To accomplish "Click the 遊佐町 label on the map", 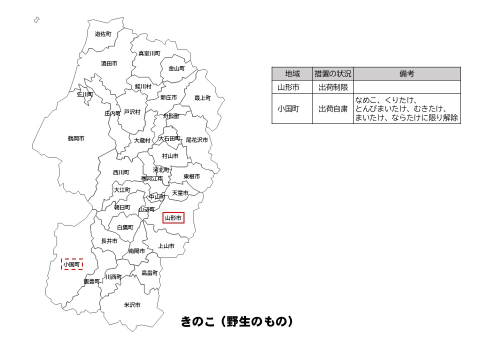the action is click(103, 34).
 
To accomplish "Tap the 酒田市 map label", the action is click(109, 63).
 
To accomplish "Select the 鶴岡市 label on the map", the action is click(76, 138).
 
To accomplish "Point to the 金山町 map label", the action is click(176, 68).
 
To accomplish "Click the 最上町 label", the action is click(202, 98).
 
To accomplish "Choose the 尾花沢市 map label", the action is click(196, 140).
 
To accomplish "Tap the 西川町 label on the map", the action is click(121, 172).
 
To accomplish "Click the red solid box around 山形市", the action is click(173, 218).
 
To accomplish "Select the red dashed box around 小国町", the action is click(72, 264).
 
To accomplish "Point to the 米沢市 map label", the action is click(132, 304).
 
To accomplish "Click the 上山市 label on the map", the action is click(166, 246).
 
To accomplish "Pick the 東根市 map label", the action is click(191, 176).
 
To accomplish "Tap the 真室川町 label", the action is click(149, 53).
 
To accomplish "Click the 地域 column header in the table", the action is click(292, 74).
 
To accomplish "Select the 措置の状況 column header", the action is click(333, 74).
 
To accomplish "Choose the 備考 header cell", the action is click(406, 74).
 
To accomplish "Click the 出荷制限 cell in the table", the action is click(333, 86).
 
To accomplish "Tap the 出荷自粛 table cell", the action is click(333, 108).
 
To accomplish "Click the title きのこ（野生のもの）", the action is click(236, 321).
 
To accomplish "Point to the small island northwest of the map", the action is click(36, 20).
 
